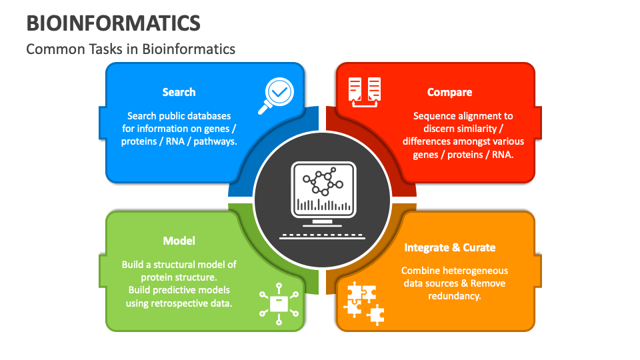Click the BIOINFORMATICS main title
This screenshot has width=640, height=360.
[x=113, y=23]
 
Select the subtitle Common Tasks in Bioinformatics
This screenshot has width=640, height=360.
[x=131, y=49]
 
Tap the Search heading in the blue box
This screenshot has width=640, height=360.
[x=179, y=92]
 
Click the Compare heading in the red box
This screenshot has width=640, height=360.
[x=449, y=92]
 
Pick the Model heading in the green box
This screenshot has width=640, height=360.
[x=179, y=241]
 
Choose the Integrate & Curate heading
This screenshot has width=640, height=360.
[x=449, y=247]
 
